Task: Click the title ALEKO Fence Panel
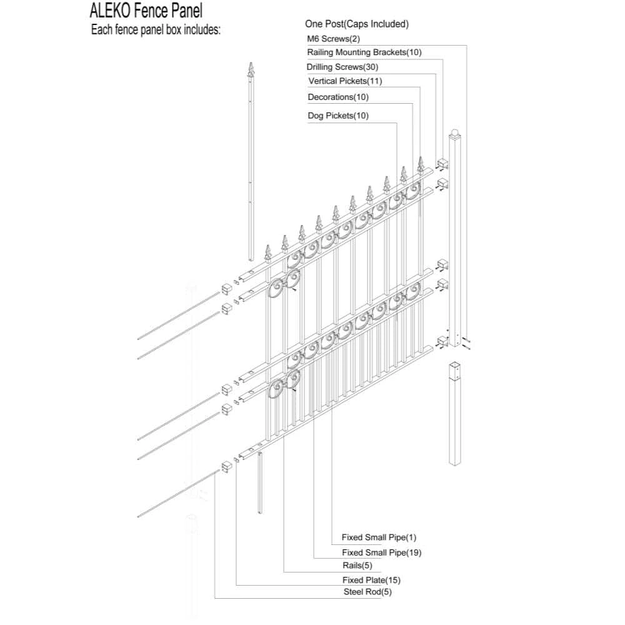click(146, 11)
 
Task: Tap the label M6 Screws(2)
click(333, 39)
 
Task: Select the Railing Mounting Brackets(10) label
click(364, 52)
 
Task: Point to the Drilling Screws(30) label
click(342, 67)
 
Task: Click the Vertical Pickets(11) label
click(345, 81)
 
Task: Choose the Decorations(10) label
click(338, 97)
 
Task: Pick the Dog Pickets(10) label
click(338, 116)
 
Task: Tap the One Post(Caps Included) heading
click(357, 24)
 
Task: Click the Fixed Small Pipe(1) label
click(379, 537)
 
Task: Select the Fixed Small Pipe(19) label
click(381, 552)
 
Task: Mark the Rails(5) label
click(357, 565)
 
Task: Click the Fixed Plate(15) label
click(371, 580)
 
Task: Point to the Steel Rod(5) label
click(367, 592)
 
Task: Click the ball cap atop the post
click(455, 132)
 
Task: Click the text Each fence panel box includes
click(156, 30)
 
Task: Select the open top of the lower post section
click(455, 366)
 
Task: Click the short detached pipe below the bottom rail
click(260, 482)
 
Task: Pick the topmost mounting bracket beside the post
click(443, 163)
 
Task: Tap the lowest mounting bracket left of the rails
click(227, 466)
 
